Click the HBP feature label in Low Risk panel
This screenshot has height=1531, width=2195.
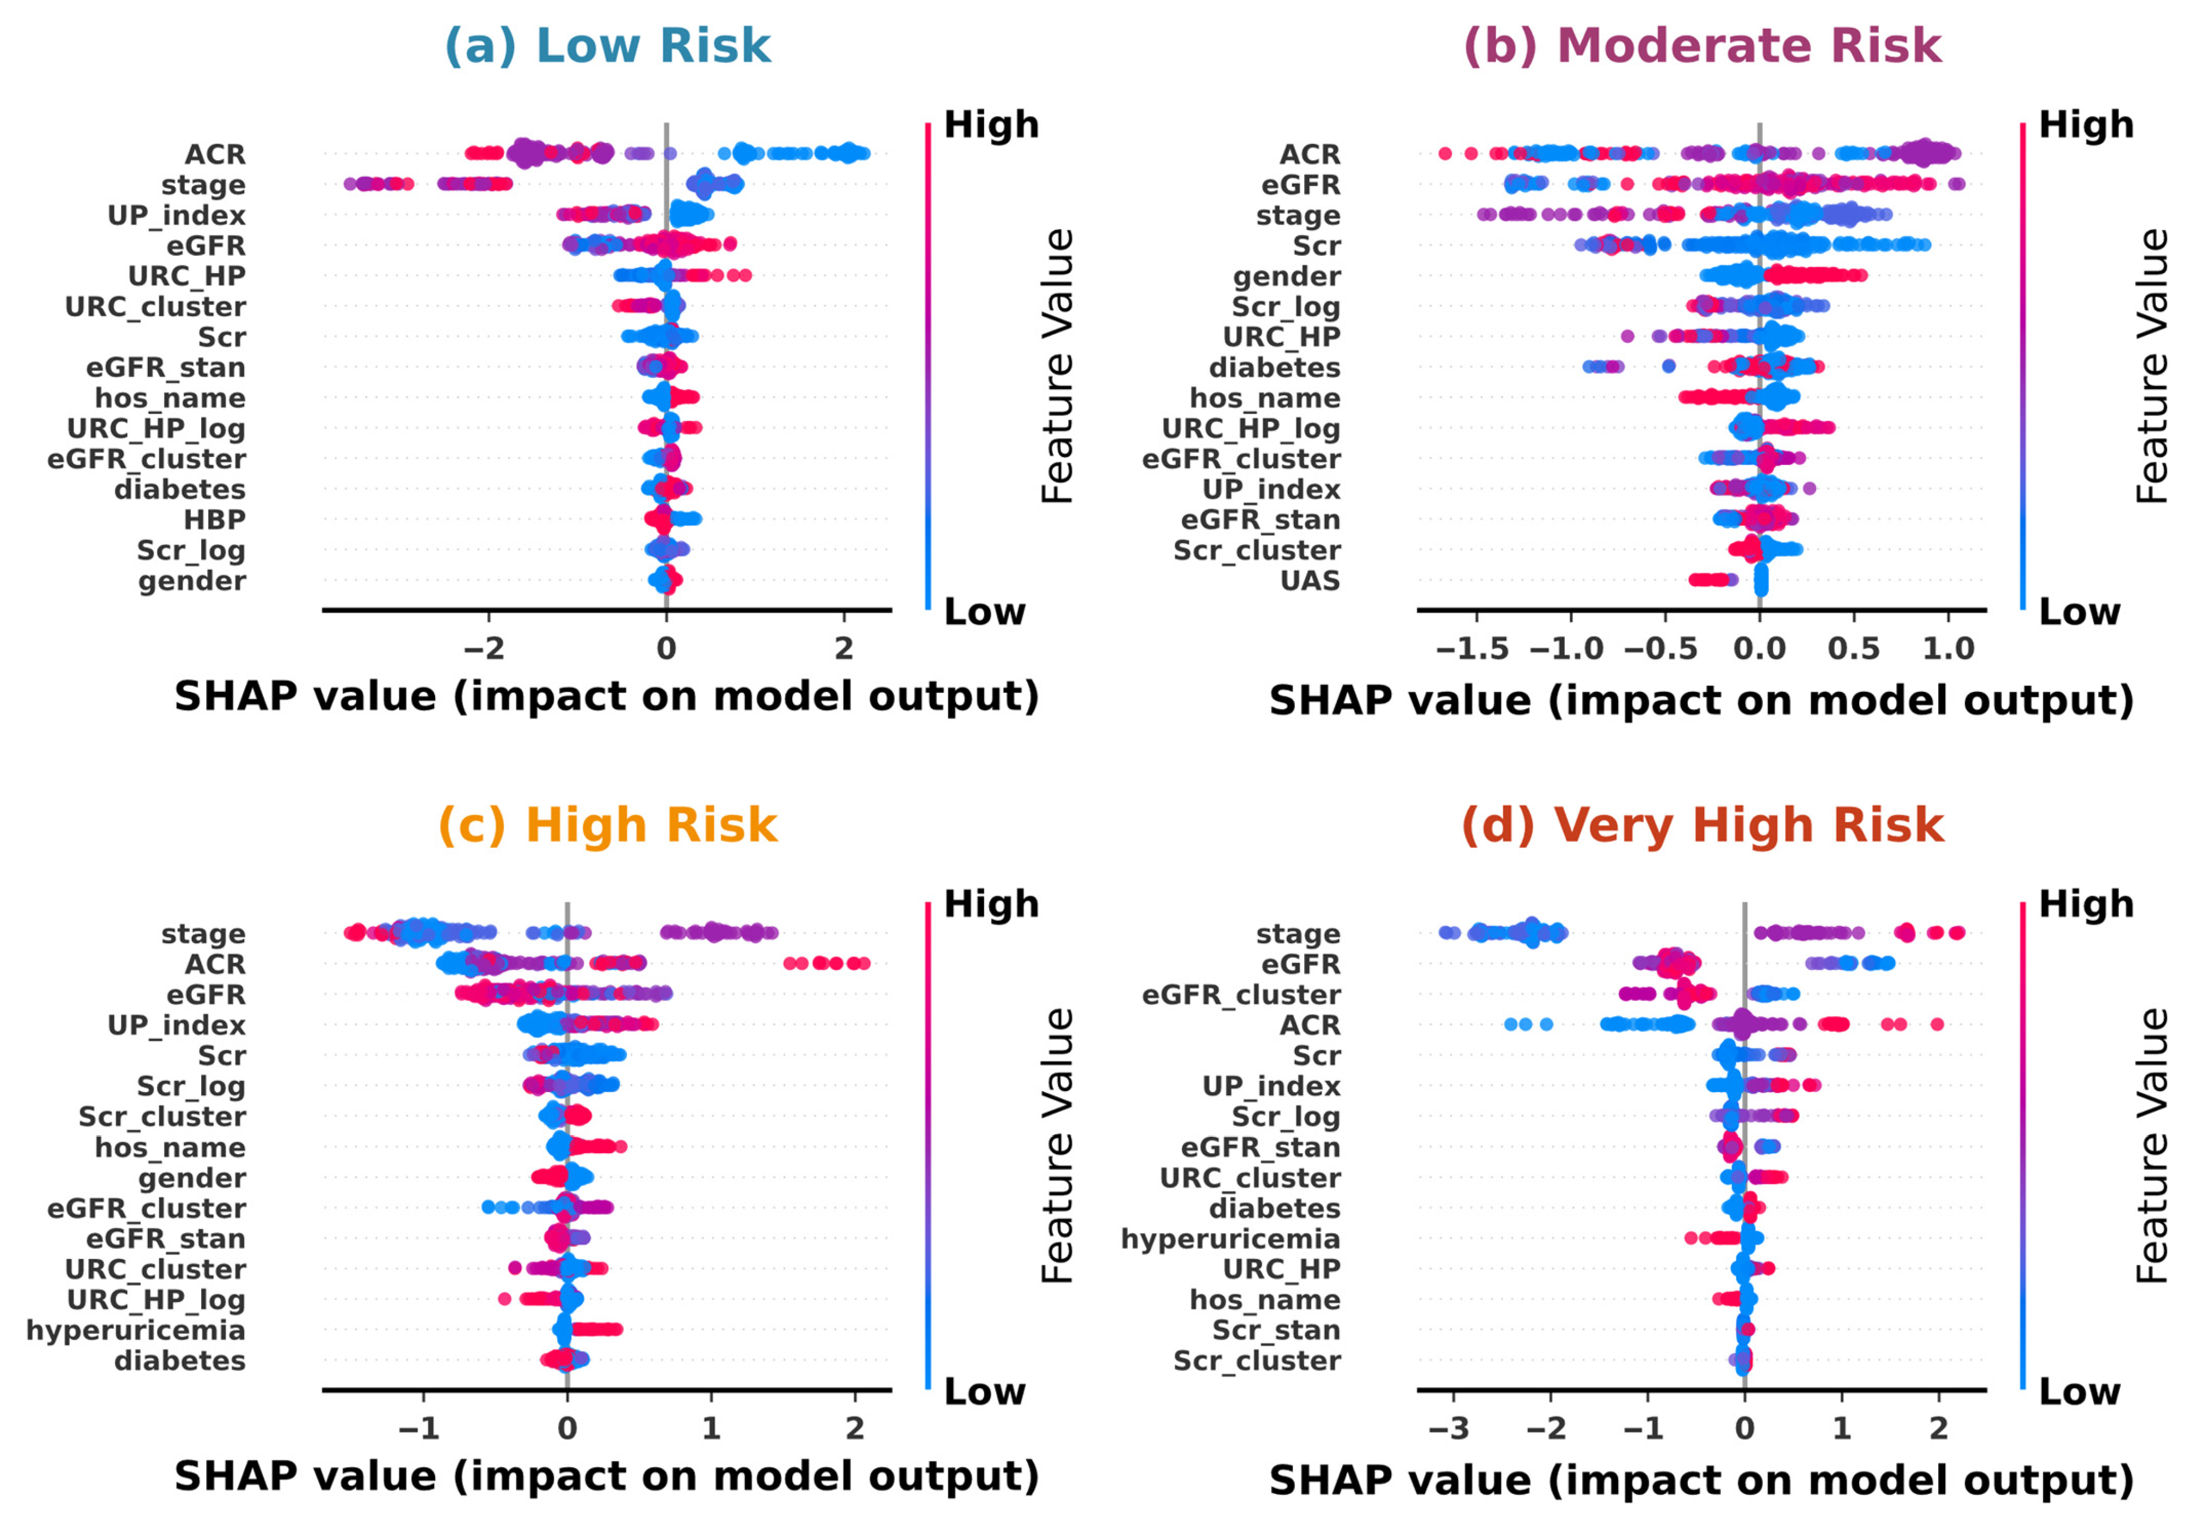(215, 520)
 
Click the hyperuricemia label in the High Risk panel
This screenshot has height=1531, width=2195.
(136, 1330)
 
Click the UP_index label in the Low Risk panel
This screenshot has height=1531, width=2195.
(176, 215)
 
